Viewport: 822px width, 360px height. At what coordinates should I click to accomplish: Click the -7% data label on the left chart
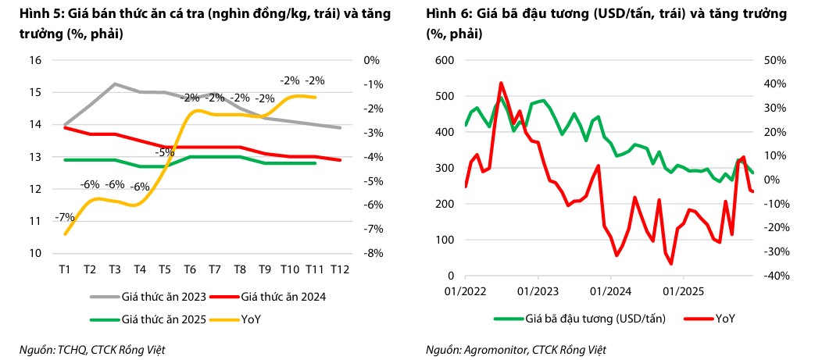pyautogui.click(x=64, y=216)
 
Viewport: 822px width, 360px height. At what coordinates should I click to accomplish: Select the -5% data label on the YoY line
pyautogui.click(x=164, y=153)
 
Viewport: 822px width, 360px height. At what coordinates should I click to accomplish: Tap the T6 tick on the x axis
pyautogui.click(x=189, y=269)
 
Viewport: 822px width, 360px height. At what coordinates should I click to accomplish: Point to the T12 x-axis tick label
pyautogui.click(x=338, y=269)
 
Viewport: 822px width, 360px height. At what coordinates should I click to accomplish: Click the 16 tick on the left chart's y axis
pyautogui.click(x=34, y=60)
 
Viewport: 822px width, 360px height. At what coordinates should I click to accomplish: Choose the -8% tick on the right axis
pyautogui.click(x=372, y=254)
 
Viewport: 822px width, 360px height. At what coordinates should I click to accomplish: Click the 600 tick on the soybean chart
pyautogui.click(x=443, y=60)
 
